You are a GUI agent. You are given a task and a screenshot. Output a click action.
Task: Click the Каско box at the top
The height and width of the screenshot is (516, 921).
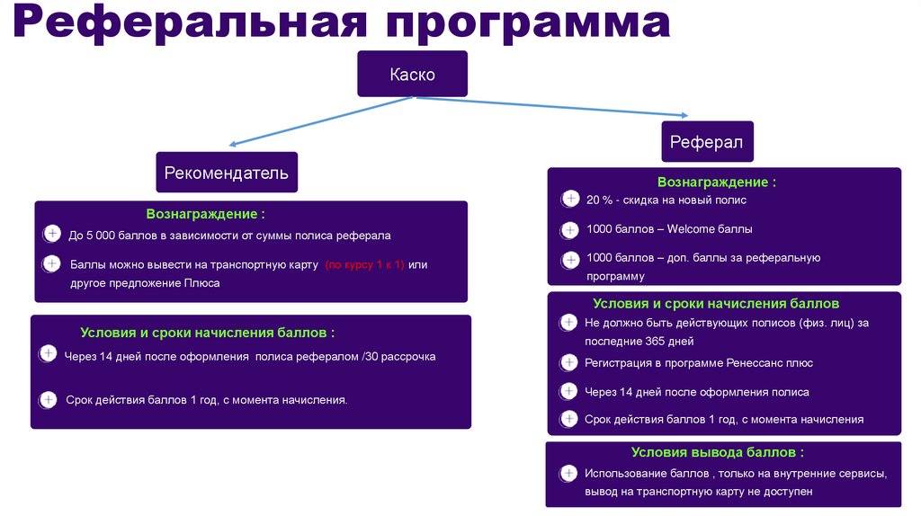click(412, 75)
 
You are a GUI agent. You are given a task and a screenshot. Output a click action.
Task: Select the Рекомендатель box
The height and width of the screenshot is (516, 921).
click(226, 172)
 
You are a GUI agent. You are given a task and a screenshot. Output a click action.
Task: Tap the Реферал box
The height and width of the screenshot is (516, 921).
click(706, 142)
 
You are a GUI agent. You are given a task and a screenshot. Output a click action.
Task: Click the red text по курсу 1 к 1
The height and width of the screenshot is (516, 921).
click(365, 264)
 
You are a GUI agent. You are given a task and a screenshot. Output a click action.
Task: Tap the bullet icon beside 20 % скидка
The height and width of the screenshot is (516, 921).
click(569, 200)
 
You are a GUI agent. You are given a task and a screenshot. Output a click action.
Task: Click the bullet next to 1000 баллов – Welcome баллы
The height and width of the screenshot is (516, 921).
click(569, 229)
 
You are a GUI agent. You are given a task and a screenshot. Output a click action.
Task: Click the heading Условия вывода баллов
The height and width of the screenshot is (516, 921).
click(716, 452)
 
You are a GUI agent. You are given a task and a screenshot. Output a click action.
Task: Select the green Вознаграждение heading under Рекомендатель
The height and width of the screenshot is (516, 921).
click(206, 215)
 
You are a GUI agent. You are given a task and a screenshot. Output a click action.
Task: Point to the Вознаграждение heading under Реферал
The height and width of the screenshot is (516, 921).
click(716, 182)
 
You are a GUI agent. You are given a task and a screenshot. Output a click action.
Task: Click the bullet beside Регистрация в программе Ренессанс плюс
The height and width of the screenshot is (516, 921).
click(568, 363)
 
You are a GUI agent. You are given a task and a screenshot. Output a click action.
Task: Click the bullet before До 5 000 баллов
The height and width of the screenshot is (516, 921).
click(52, 236)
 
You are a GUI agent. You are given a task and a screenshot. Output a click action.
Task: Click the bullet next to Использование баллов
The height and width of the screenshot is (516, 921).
click(568, 474)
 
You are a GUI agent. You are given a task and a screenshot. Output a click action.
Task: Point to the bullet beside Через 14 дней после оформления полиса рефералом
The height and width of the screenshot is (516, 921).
click(48, 356)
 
